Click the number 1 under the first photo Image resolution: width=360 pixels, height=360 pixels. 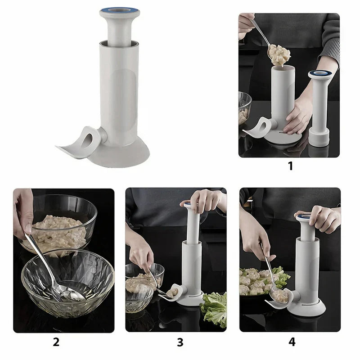coord(290,166)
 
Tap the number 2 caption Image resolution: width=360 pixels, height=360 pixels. coord(56,342)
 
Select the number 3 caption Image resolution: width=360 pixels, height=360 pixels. coord(180,342)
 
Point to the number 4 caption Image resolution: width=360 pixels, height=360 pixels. coord(292,342)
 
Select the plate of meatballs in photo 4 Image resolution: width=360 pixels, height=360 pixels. coord(259,281)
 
